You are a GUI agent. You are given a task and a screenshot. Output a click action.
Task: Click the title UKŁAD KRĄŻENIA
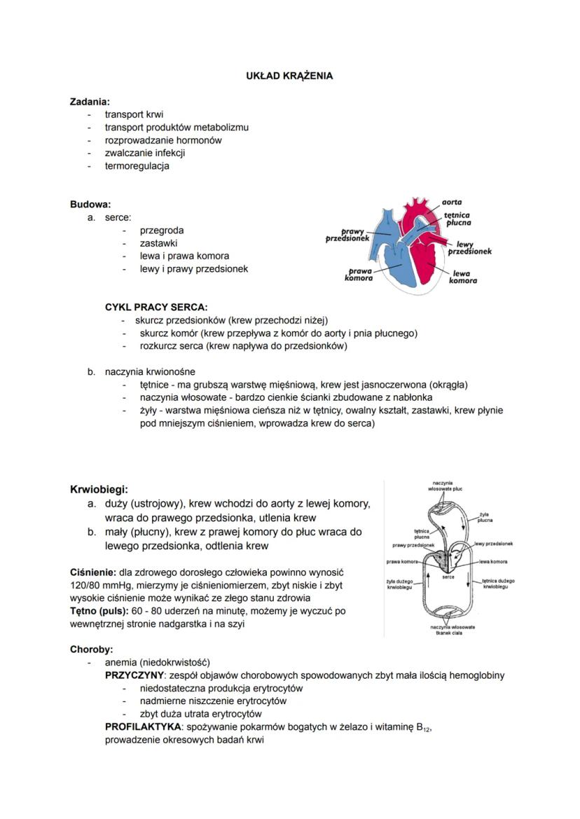tap(289, 76)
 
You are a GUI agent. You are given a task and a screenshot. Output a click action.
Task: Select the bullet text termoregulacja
tap(137, 166)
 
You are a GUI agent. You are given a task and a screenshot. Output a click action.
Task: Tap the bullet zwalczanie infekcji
tap(145, 153)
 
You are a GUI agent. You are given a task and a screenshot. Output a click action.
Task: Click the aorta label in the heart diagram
tap(452, 202)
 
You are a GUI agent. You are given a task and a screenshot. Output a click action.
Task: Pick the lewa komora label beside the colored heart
tap(462, 277)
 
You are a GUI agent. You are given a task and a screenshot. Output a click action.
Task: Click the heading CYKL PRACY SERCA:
tap(156, 307)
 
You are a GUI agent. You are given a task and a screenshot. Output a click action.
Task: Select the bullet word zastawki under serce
tap(158, 243)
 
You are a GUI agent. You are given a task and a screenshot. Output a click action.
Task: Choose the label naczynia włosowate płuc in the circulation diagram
tap(443, 486)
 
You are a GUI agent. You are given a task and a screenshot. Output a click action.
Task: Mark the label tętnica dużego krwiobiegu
tap(499, 584)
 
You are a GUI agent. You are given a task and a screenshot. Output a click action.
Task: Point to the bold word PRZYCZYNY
tap(134, 675)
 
